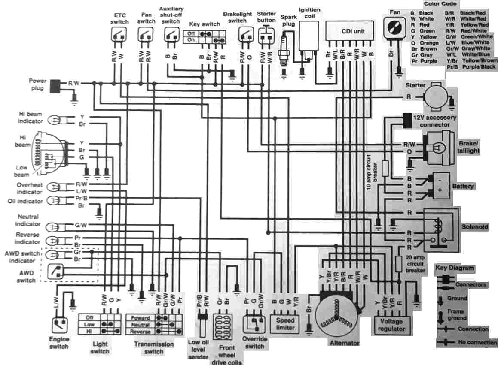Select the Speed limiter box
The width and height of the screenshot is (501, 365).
(285, 324)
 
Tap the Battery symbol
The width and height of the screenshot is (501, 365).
(438, 184)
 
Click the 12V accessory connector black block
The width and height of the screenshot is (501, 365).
(406, 121)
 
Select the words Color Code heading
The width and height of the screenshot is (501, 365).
(440, 4)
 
